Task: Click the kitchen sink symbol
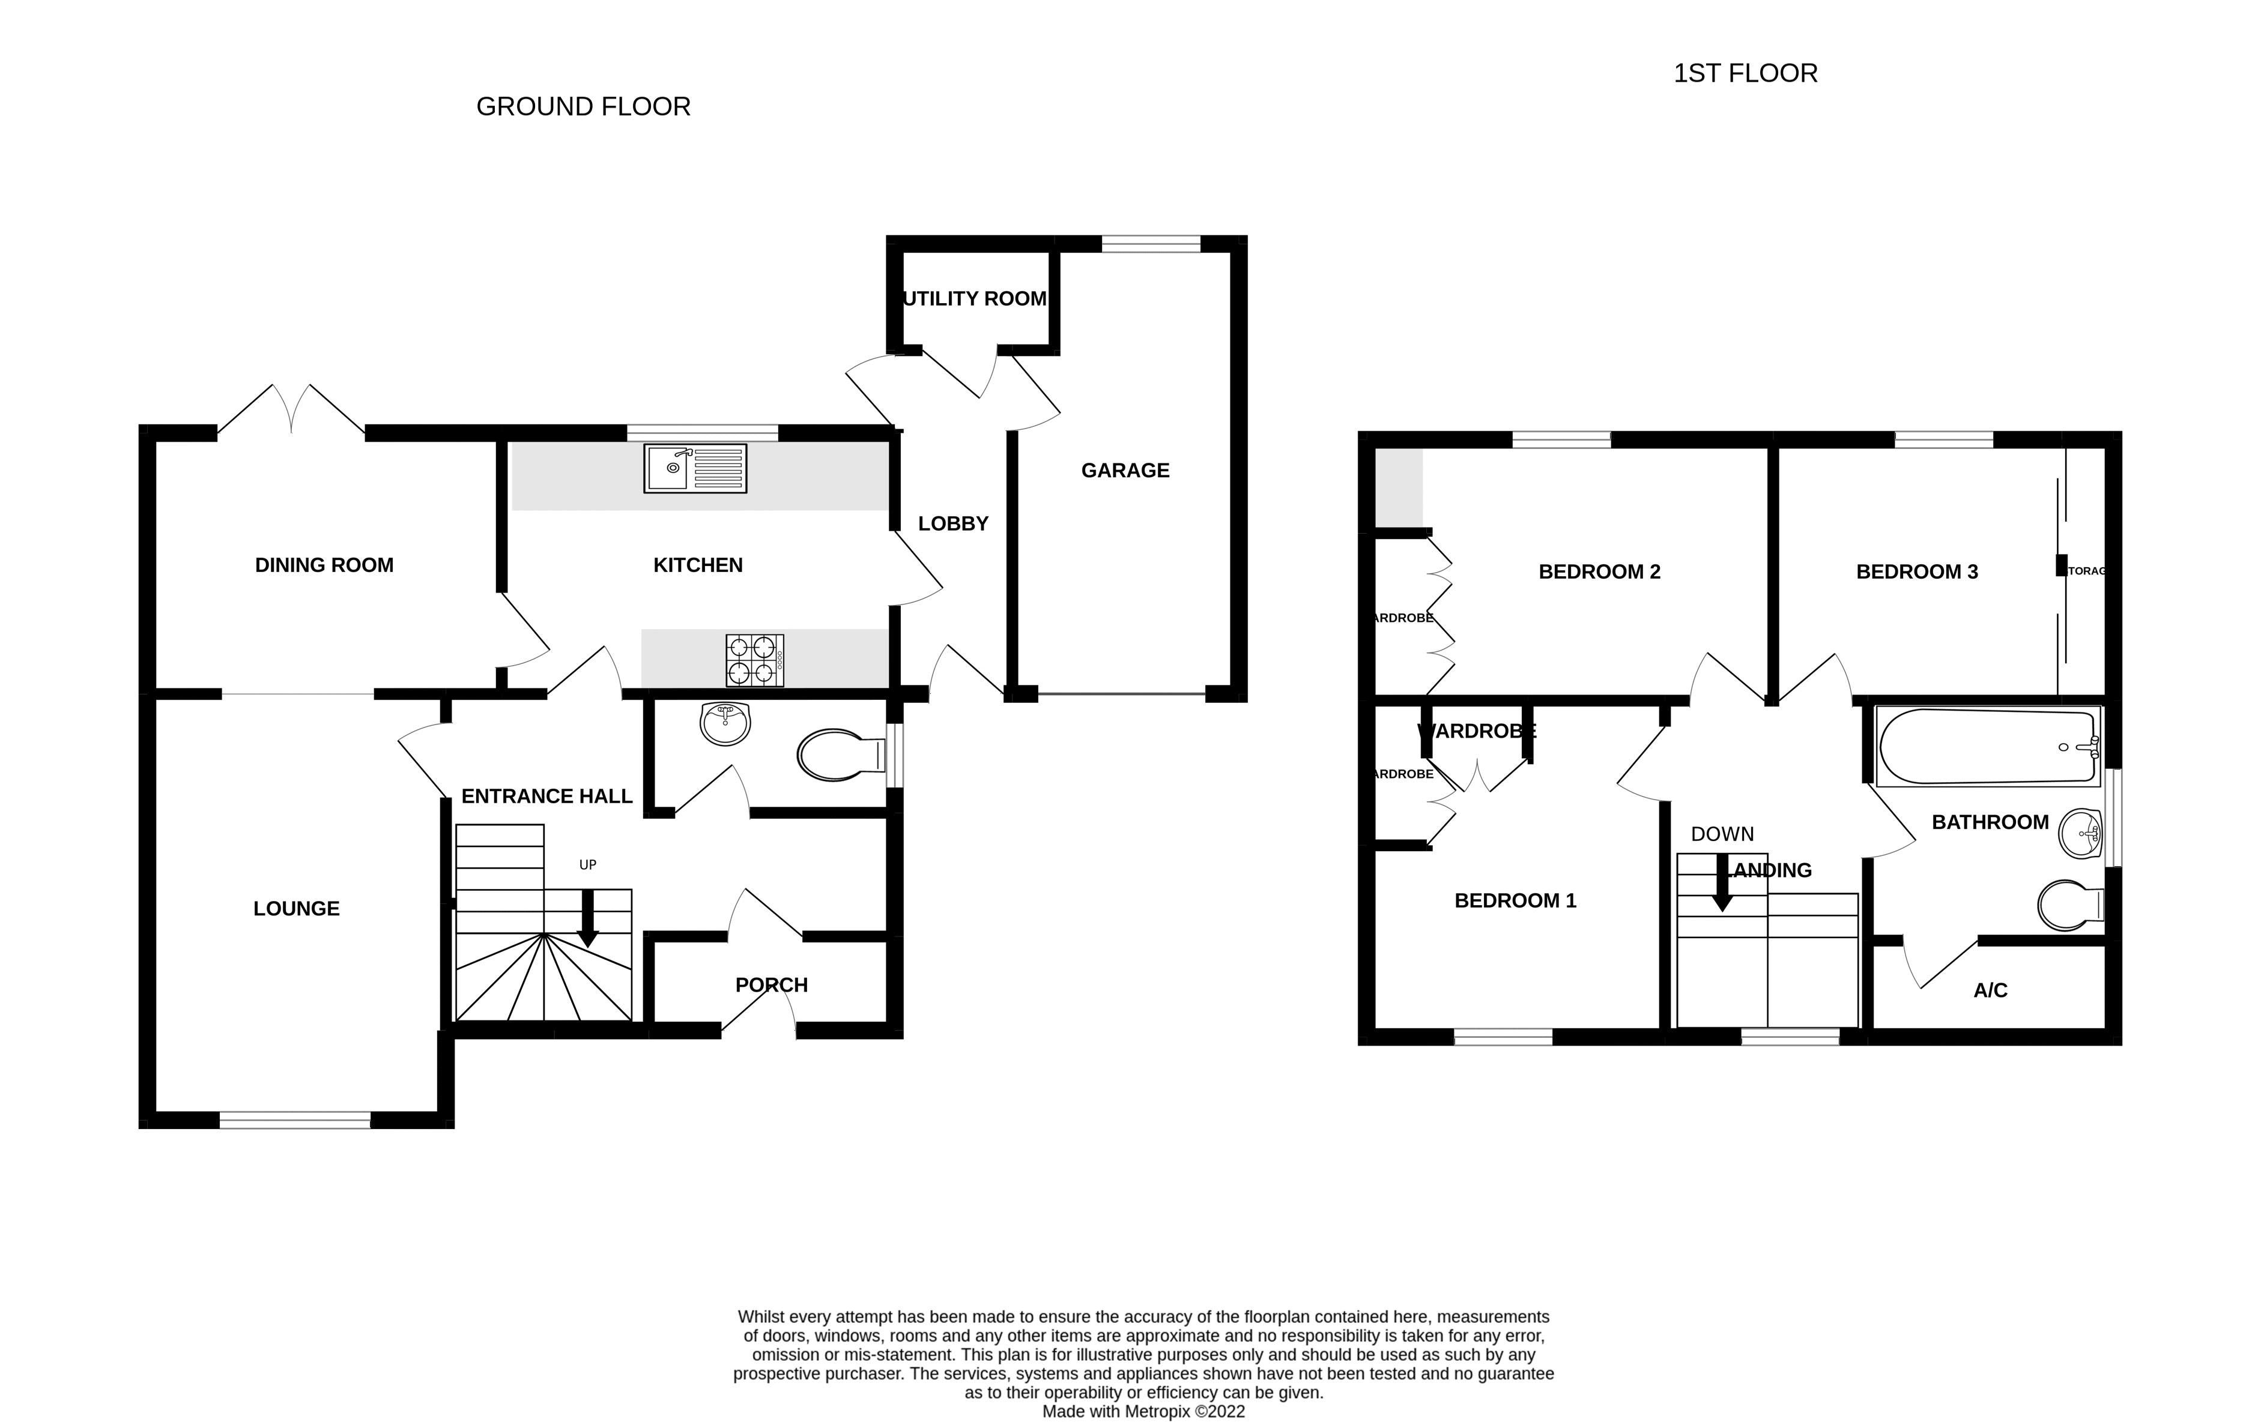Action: [x=695, y=468]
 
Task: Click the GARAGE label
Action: [x=1125, y=470]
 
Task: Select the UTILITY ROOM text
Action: [x=975, y=298]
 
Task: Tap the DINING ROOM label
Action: [x=324, y=565]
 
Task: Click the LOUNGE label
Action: [x=296, y=909]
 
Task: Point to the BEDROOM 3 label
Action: [x=1916, y=571]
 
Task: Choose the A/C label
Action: [x=1990, y=990]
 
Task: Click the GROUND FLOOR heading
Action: [x=583, y=107]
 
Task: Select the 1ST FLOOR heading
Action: [x=1745, y=73]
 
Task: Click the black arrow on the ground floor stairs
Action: [x=588, y=917]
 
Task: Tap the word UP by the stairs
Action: [x=588, y=864]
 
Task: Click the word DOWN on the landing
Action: [x=1722, y=834]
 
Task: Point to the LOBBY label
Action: [x=953, y=524]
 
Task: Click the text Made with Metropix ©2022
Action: [x=1143, y=1411]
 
